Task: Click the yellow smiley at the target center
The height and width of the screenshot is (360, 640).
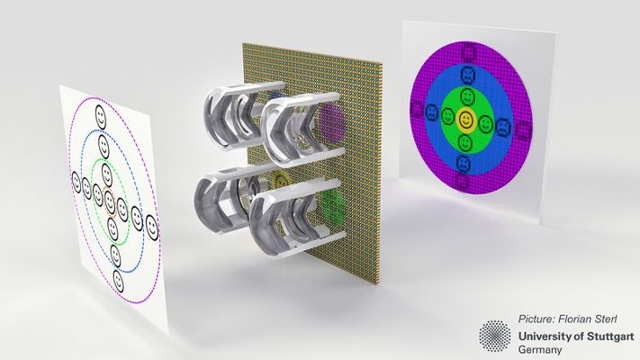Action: pyautogui.click(x=464, y=120)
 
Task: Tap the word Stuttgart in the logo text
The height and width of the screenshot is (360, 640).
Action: pyautogui.click(x=610, y=337)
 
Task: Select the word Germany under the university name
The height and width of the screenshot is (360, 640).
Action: pyautogui.click(x=539, y=350)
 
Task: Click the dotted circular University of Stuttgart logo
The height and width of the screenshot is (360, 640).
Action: pyautogui.click(x=495, y=336)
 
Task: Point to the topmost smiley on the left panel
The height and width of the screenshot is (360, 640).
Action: pyautogui.click(x=101, y=117)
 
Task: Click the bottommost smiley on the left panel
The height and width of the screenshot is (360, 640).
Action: pyautogui.click(x=118, y=281)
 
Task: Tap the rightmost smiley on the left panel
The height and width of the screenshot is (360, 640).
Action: pyautogui.click(x=151, y=228)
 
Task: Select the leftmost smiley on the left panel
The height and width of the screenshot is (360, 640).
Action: pyautogui.click(x=76, y=182)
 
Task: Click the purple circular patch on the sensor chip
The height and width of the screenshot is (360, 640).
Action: pyautogui.click(x=332, y=121)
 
